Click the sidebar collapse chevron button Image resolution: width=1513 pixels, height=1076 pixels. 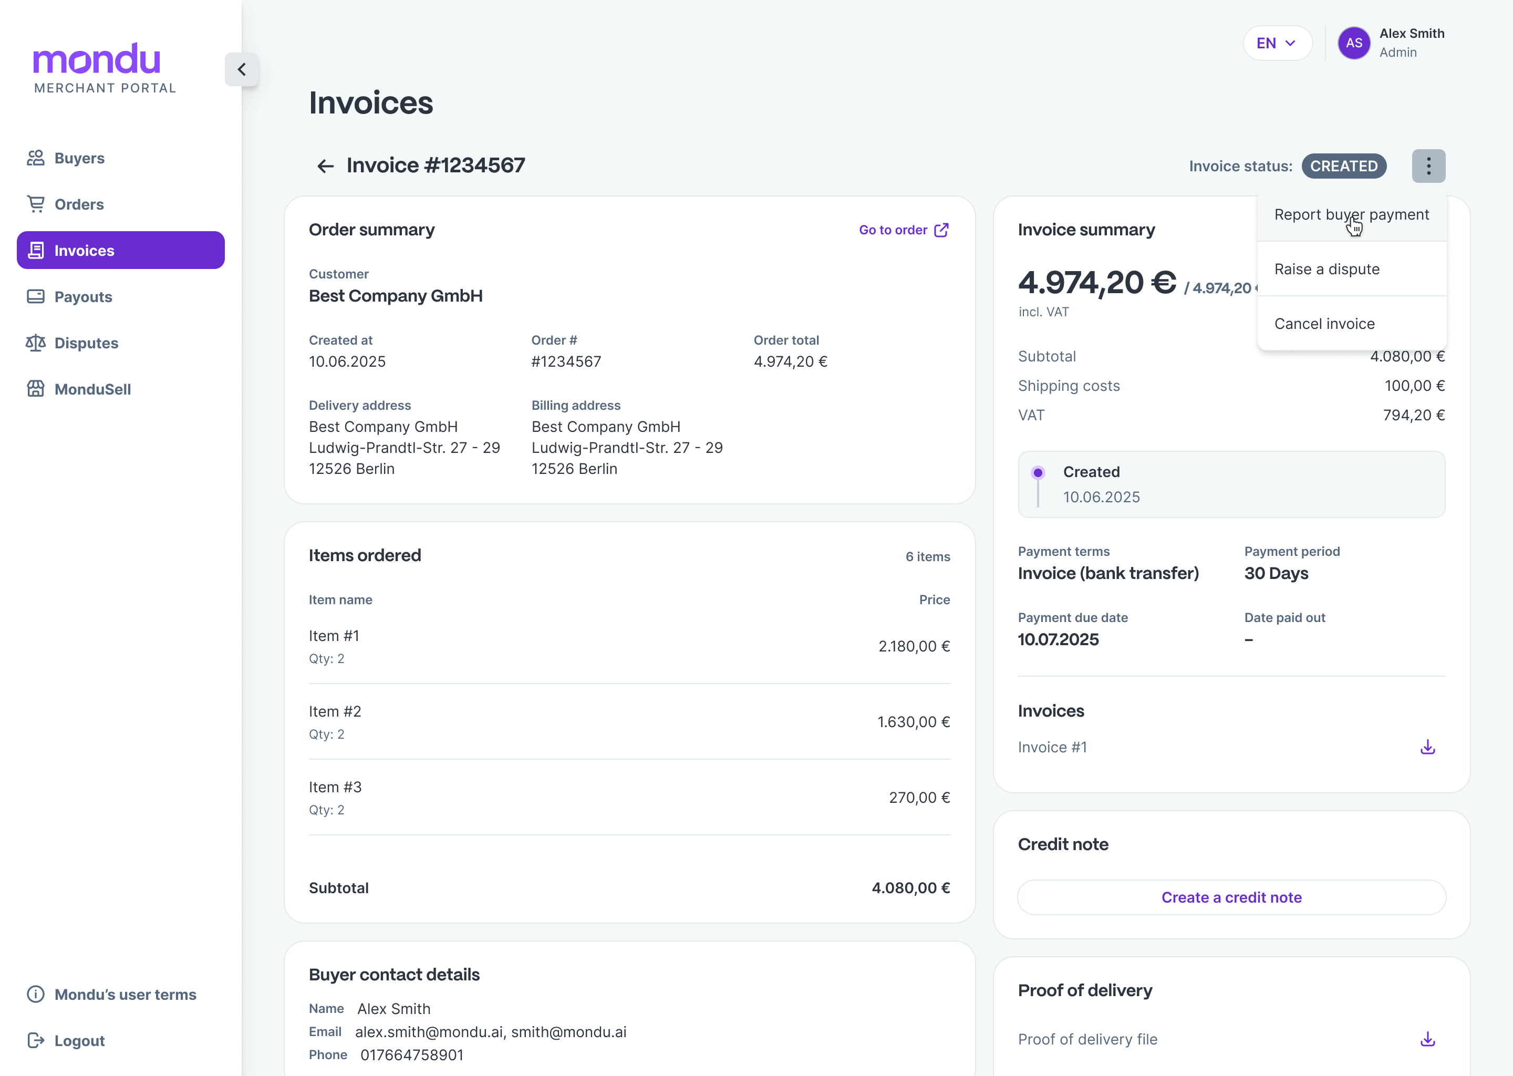[x=242, y=69]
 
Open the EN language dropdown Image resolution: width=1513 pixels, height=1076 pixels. [x=1277, y=44]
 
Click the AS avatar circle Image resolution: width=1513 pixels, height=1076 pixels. [x=1353, y=44]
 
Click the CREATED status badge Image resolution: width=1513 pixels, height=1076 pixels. [x=1343, y=167]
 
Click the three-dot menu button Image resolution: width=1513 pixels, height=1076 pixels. [x=1428, y=167]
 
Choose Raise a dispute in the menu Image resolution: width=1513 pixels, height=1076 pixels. [x=1327, y=270]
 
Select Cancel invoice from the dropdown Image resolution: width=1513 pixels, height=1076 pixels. [x=1324, y=324]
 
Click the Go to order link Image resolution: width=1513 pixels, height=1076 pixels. [x=904, y=231]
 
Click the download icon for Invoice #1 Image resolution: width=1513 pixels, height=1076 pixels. [x=1427, y=748]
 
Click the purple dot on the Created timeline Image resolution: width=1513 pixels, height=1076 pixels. [x=1038, y=473]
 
